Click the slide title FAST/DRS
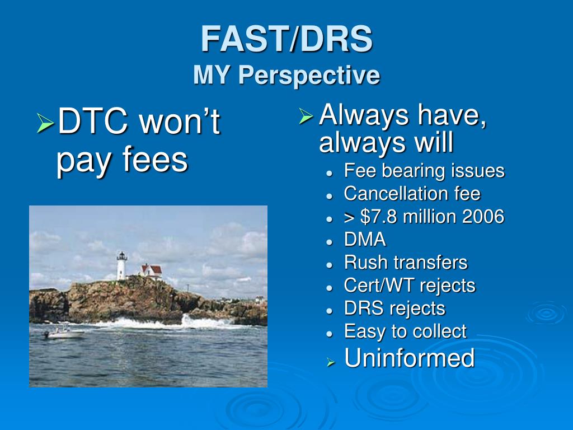click(x=286, y=39)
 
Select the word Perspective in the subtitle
click(x=309, y=76)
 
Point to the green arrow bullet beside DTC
click(x=45, y=123)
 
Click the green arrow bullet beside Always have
click(x=306, y=116)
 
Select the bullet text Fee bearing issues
click(x=424, y=171)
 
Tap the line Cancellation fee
click(x=412, y=193)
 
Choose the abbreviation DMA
click(x=365, y=240)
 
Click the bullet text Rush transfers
click(x=406, y=263)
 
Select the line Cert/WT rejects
click(x=410, y=286)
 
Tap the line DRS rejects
click(x=394, y=309)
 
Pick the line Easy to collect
click(x=405, y=331)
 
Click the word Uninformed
click(x=409, y=358)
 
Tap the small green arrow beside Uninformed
click(x=331, y=363)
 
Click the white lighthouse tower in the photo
click(x=121, y=266)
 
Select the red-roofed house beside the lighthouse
click(x=152, y=272)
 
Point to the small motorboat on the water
click(x=64, y=333)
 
